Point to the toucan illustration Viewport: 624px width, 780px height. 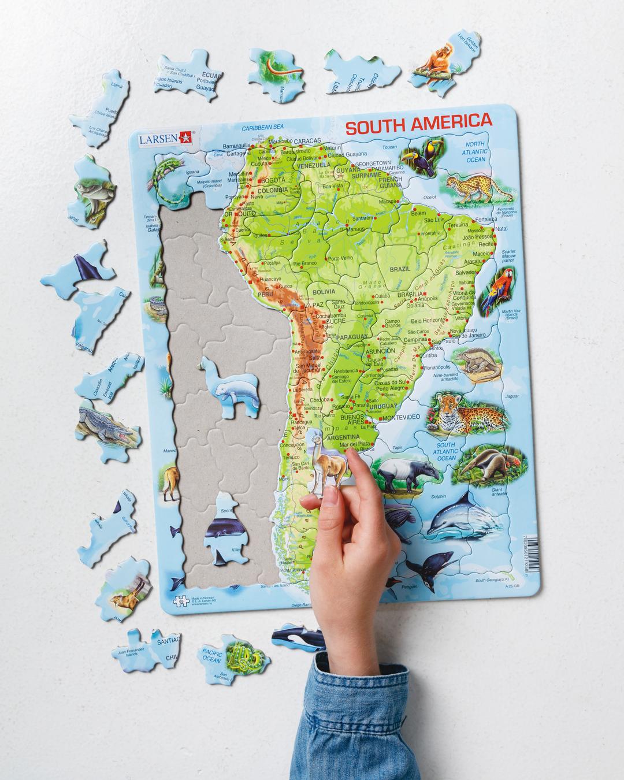coord(429,155)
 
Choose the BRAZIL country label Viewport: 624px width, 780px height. coord(399,269)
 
